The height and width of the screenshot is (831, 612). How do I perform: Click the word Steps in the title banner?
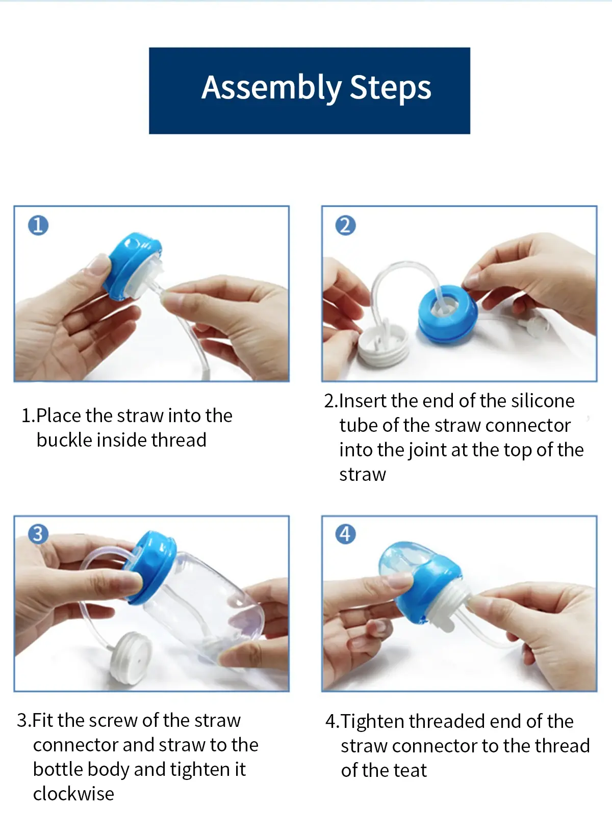[x=390, y=88]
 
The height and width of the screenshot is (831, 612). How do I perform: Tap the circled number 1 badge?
[x=38, y=225]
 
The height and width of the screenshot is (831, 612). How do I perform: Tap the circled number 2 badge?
[x=345, y=225]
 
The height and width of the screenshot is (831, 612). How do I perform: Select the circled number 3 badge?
[x=38, y=534]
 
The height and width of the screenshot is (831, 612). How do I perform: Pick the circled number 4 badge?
[x=345, y=534]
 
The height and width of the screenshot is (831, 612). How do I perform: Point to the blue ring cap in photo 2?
[x=448, y=313]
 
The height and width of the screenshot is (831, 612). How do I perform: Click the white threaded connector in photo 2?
[x=384, y=345]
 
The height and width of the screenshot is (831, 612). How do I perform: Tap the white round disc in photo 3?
[x=132, y=658]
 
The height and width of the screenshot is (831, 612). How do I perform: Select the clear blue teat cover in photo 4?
[x=406, y=564]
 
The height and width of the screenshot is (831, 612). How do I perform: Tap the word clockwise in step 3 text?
[x=73, y=794]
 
